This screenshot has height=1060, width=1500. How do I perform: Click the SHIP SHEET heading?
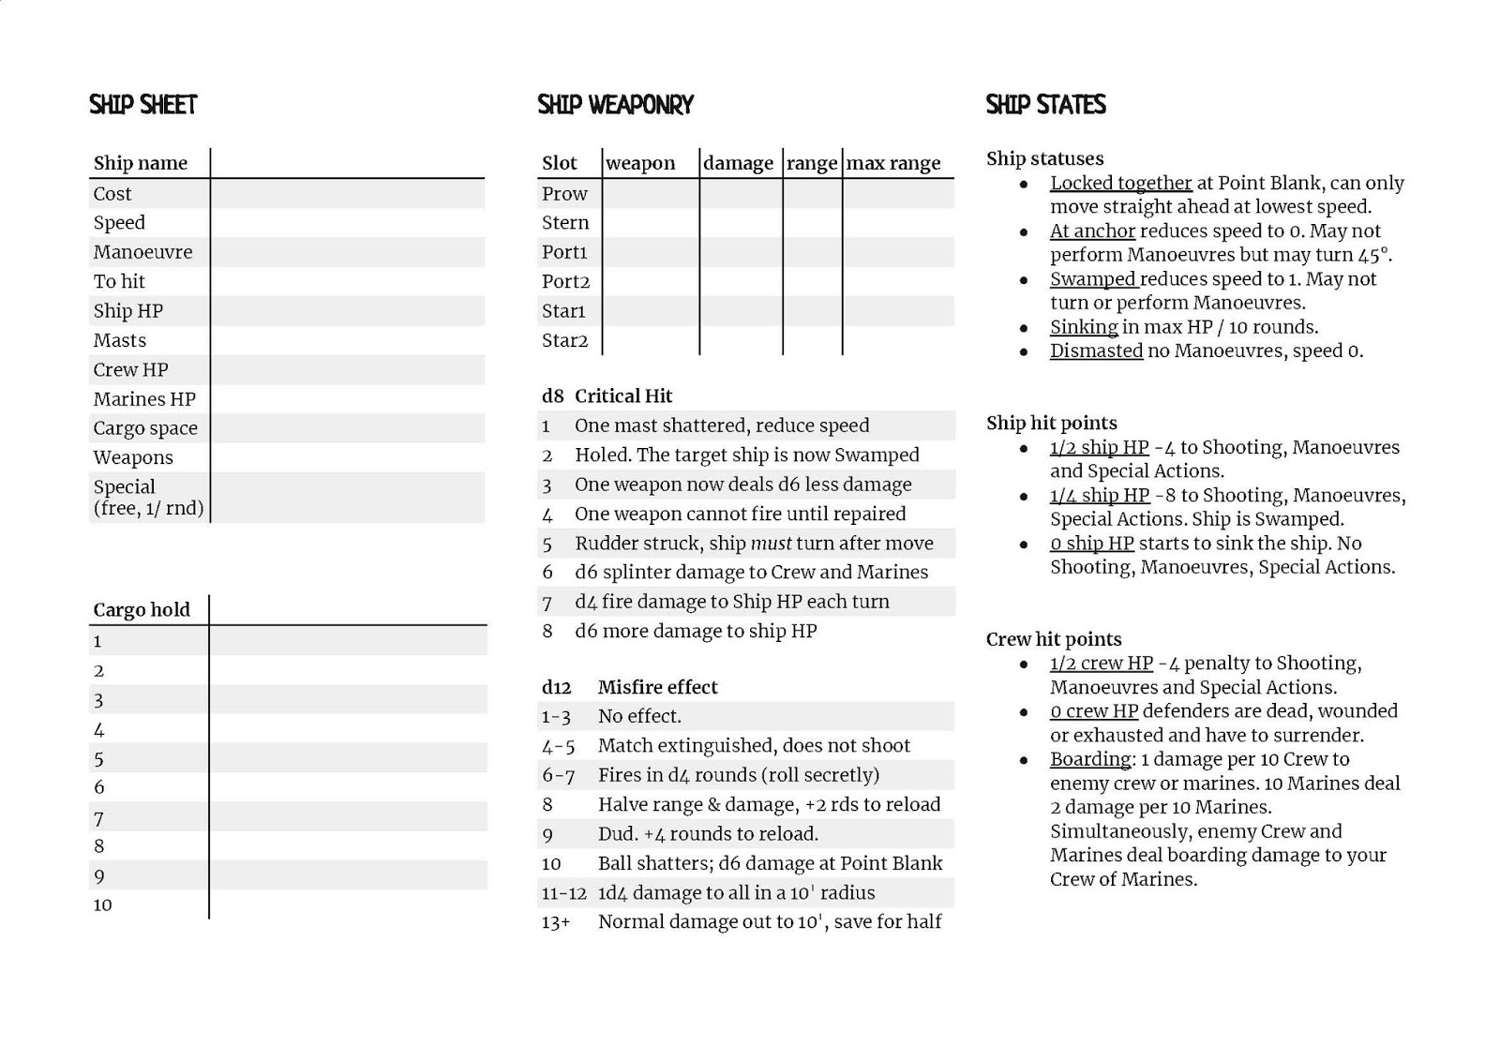click(x=143, y=104)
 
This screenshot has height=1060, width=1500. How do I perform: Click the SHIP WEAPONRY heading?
click(x=615, y=104)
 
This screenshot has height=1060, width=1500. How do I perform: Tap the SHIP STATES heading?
click(x=1045, y=104)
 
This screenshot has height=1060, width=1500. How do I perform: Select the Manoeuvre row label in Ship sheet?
click(x=142, y=252)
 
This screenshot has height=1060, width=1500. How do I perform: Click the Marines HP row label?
click(x=144, y=399)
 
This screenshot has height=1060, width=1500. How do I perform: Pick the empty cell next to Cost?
click(x=347, y=194)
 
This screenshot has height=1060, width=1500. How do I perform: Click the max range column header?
click(x=893, y=163)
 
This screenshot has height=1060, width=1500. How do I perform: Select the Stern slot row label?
click(x=565, y=223)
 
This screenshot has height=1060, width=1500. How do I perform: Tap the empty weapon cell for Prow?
click(x=650, y=194)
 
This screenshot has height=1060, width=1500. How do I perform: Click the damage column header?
click(x=738, y=163)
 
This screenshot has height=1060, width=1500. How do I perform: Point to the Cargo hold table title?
click(x=142, y=610)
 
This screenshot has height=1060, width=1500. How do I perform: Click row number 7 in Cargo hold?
click(x=98, y=818)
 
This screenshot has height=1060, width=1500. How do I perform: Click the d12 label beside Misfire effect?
click(x=556, y=687)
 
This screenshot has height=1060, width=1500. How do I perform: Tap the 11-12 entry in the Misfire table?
click(x=563, y=893)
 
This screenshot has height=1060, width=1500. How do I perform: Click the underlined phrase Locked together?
click(x=1120, y=183)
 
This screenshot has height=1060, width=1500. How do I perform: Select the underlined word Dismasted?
click(x=1096, y=351)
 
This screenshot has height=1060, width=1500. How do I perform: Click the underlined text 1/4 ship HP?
click(x=1099, y=495)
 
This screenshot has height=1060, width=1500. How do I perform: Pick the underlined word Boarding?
click(x=1090, y=759)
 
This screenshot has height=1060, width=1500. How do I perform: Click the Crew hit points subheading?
click(x=1053, y=639)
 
